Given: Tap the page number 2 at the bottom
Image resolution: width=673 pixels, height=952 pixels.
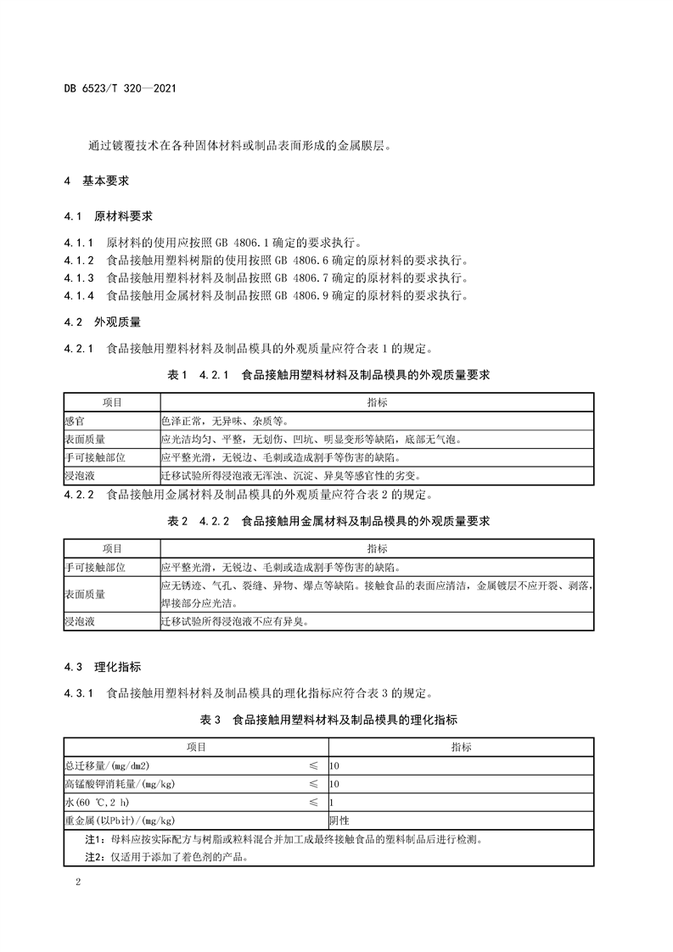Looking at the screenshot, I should pyautogui.click(x=78, y=883).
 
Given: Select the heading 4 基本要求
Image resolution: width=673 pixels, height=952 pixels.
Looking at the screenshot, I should pyautogui.click(x=96, y=181).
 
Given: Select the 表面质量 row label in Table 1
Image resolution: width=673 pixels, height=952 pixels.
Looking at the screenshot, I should pyautogui.click(x=82, y=439).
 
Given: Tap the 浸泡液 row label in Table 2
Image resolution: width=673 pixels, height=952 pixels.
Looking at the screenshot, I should pyautogui.click(x=79, y=622).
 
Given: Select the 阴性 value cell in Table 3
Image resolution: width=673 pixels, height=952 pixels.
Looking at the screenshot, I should pyautogui.click(x=339, y=820).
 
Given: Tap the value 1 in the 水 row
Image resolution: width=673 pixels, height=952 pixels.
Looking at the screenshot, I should pyautogui.click(x=332, y=802).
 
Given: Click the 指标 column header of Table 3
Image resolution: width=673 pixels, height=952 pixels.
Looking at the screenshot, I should pyautogui.click(x=462, y=747).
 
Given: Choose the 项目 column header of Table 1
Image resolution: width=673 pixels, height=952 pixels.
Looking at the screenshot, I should pyautogui.click(x=112, y=401).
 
